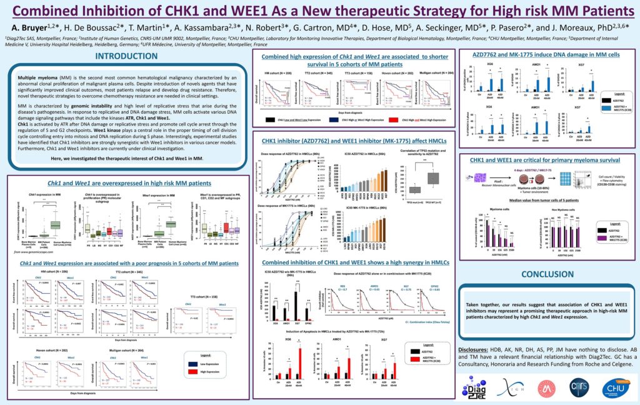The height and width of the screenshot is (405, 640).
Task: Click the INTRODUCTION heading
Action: click(x=126, y=57)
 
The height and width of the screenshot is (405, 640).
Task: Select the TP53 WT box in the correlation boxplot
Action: click(x=432, y=178)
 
